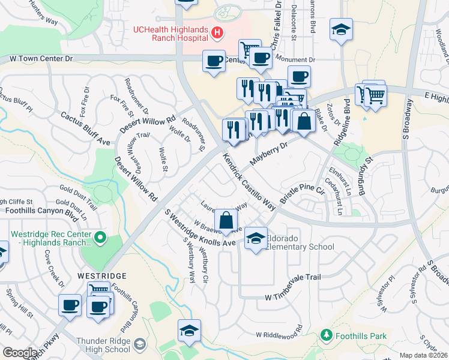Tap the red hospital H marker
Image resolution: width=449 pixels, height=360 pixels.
[217, 32]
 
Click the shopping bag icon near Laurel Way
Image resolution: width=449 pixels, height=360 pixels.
[226, 220]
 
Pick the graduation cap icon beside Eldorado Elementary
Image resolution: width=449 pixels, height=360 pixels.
[256, 239]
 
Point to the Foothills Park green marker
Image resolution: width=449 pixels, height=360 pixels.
[327, 335]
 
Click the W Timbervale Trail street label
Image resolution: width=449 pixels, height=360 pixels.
[293, 278]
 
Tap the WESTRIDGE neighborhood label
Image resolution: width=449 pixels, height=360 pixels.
[102, 275]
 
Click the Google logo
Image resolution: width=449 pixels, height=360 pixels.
[20, 353]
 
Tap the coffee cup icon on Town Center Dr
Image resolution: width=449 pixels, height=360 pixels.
[213, 60]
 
